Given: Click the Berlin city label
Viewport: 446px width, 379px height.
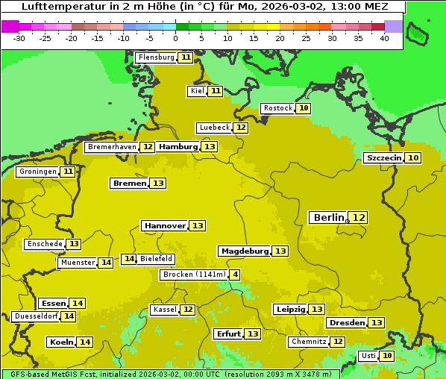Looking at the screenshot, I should click(x=328, y=217).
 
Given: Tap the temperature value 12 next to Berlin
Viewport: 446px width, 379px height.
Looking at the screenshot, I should click(x=359, y=217).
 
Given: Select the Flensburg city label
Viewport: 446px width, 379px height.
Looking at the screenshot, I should click(x=156, y=57).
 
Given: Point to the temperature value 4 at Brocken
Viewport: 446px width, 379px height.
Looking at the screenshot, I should click(x=235, y=275).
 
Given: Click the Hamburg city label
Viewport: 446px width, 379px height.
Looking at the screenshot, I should click(x=178, y=147).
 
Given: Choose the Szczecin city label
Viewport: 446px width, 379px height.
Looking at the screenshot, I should click(x=383, y=157).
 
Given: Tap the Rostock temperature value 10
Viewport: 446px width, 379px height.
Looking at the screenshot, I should click(x=304, y=108).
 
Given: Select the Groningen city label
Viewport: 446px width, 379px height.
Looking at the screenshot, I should click(x=37, y=172).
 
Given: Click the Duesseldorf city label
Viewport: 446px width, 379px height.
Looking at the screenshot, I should click(x=36, y=316).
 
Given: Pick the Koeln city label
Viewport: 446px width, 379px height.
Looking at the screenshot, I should click(x=61, y=342).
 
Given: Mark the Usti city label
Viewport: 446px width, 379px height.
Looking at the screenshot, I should click(x=368, y=356).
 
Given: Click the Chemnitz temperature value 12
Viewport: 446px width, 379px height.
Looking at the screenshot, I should click(x=338, y=342).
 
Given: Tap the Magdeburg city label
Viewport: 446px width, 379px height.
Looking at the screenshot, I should click(x=244, y=251).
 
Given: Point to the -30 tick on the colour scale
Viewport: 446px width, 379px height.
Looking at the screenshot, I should click(x=19, y=37).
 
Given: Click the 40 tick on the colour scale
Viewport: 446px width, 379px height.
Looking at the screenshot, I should click(x=384, y=37).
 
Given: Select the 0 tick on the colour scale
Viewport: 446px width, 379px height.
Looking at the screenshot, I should click(x=176, y=37).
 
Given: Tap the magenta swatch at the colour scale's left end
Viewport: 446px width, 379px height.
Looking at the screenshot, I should click(x=10, y=26).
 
